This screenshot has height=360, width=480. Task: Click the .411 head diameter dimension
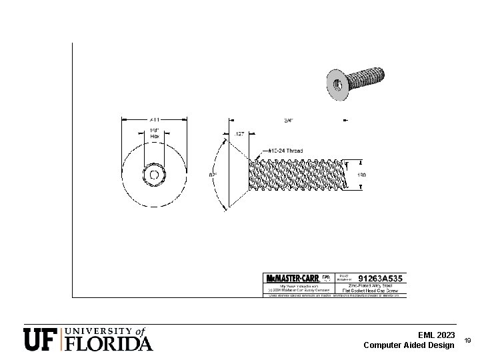154,119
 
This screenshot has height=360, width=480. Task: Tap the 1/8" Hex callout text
154,133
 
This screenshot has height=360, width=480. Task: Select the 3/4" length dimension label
289,121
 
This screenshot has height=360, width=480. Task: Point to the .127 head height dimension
239,135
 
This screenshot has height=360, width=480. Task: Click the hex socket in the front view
154,175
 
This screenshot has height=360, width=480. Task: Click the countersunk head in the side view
238,175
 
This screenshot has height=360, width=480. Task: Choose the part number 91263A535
381,277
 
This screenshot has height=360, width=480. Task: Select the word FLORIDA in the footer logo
109,343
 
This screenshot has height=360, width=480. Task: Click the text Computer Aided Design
409,345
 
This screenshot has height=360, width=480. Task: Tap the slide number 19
467,341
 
